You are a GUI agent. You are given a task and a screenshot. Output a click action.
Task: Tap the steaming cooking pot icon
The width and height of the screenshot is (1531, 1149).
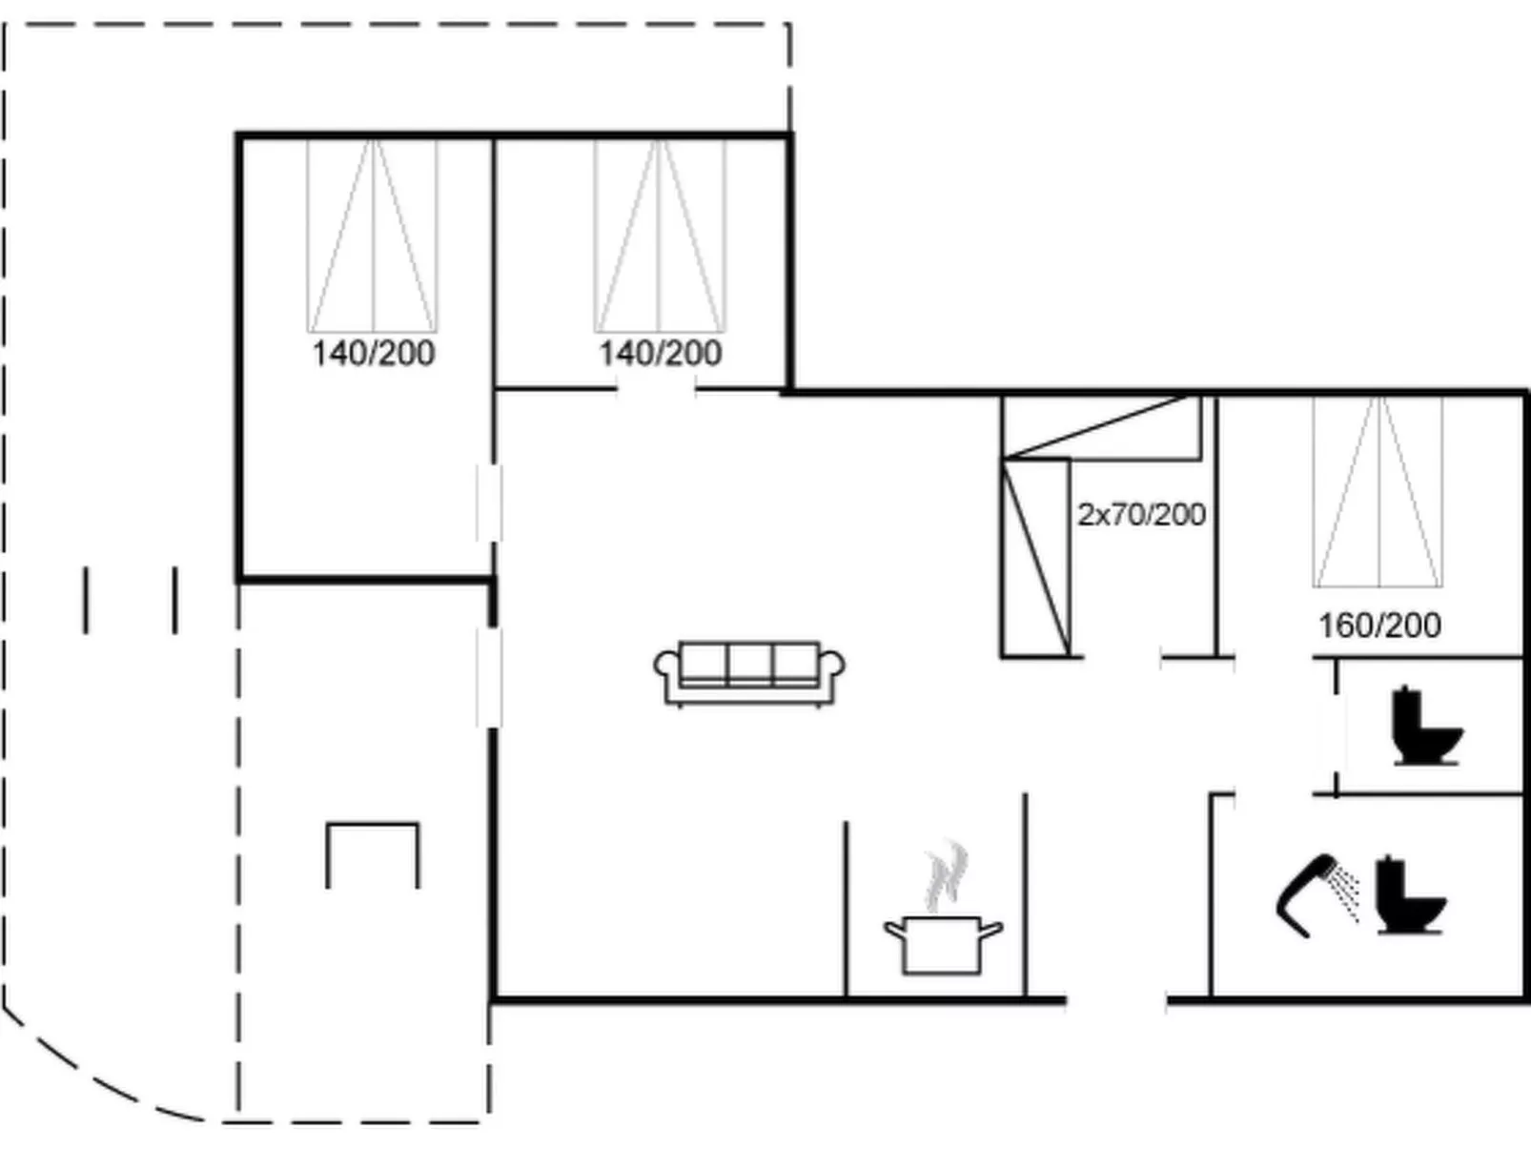pyautogui.click(x=943, y=910)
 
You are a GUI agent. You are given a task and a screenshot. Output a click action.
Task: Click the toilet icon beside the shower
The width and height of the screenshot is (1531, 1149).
pyautogui.click(x=1410, y=895)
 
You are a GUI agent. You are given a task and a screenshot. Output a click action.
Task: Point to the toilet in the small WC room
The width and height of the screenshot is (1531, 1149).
pyautogui.click(x=1426, y=726)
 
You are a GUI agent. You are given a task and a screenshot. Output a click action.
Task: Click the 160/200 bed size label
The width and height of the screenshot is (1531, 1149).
pyautogui.click(x=1379, y=626)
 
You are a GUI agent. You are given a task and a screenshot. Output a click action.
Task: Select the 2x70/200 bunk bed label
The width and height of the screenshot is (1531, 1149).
pyautogui.click(x=1142, y=515)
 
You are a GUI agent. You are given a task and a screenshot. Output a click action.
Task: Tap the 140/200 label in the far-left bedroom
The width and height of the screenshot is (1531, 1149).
pyautogui.click(x=373, y=353)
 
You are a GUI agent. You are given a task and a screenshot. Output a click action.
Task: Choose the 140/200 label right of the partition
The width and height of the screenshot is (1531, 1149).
pyautogui.click(x=661, y=353)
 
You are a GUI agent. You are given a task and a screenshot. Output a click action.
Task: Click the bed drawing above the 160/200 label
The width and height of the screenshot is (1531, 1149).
pyautogui.click(x=1378, y=491)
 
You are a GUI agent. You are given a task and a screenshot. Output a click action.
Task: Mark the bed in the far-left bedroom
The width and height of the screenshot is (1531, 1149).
pyautogui.click(x=373, y=236)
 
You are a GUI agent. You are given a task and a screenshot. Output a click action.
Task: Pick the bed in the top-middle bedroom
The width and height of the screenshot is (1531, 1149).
pyautogui.click(x=660, y=236)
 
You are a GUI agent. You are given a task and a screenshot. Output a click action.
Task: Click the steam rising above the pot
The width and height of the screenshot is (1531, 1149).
pyautogui.click(x=946, y=876)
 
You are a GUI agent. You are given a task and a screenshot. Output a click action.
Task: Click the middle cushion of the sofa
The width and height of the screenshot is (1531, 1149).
pyautogui.click(x=749, y=663)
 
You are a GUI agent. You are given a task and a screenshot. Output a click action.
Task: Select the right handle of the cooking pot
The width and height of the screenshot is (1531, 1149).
pyautogui.click(x=991, y=929)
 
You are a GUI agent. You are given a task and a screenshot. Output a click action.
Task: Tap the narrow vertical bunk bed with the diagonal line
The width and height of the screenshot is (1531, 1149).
pyautogui.click(x=1036, y=558)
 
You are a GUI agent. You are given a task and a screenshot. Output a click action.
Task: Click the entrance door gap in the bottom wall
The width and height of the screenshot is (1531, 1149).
pyautogui.click(x=1116, y=1000)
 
